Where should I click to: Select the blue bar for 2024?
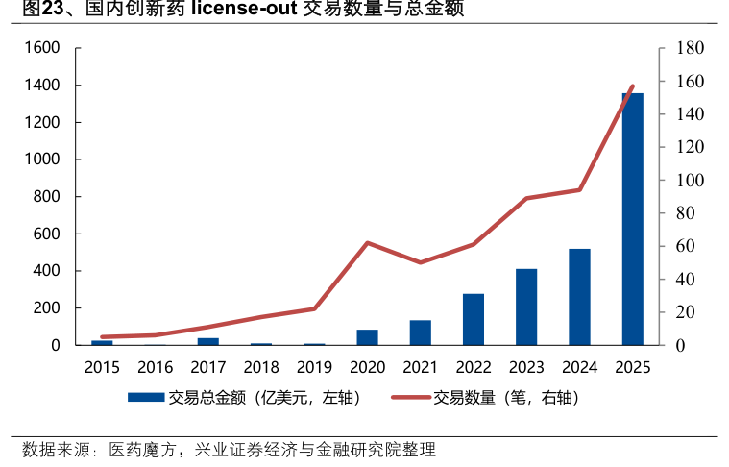579,297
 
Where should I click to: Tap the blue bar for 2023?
526,307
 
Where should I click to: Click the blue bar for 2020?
367,337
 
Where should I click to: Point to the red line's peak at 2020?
367,243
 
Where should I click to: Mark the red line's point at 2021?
421,262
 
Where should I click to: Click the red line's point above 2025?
632,86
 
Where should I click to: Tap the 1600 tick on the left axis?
41,48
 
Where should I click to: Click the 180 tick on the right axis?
691,48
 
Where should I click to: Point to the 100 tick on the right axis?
691,181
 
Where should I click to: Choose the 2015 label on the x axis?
102,367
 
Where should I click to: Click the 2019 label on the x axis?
314,367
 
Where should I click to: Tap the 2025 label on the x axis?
632,367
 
